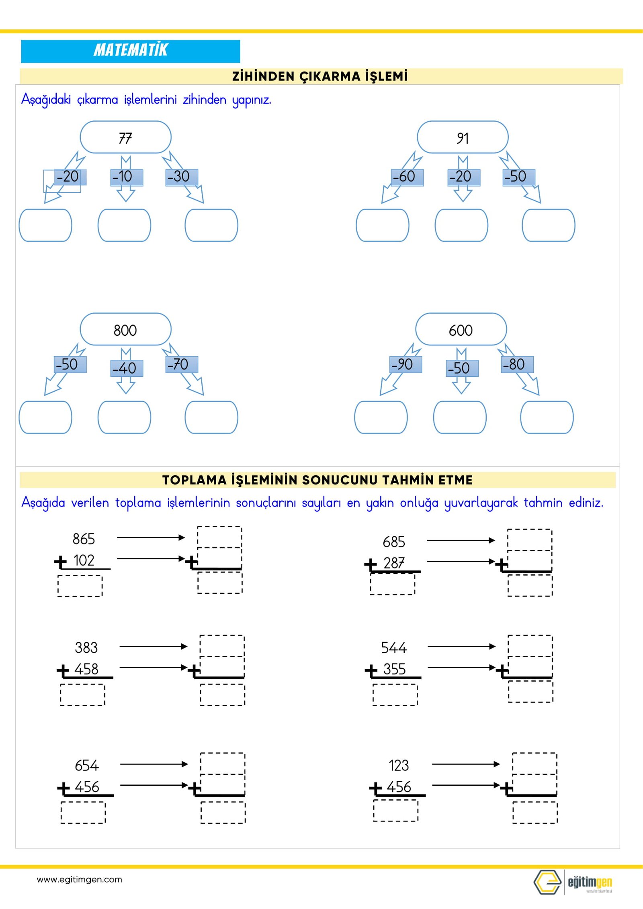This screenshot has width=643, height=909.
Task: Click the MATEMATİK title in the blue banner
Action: click(x=131, y=50)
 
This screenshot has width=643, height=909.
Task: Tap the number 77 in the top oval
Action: click(x=125, y=138)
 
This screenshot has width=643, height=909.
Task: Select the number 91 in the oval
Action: click(x=463, y=138)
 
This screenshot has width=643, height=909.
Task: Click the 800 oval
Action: click(x=125, y=330)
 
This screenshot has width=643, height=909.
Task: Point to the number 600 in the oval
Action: click(x=461, y=330)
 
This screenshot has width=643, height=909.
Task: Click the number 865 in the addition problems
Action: click(x=84, y=539)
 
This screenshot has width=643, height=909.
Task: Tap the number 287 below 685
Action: click(x=394, y=563)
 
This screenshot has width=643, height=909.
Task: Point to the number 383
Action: click(x=86, y=648)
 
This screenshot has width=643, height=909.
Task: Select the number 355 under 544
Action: click(x=394, y=669)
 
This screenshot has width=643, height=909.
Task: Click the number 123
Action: click(x=399, y=765)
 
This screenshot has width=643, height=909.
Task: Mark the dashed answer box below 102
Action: click(x=80, y=586)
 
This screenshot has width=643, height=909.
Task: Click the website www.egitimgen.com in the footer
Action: click(x=79, y=879)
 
